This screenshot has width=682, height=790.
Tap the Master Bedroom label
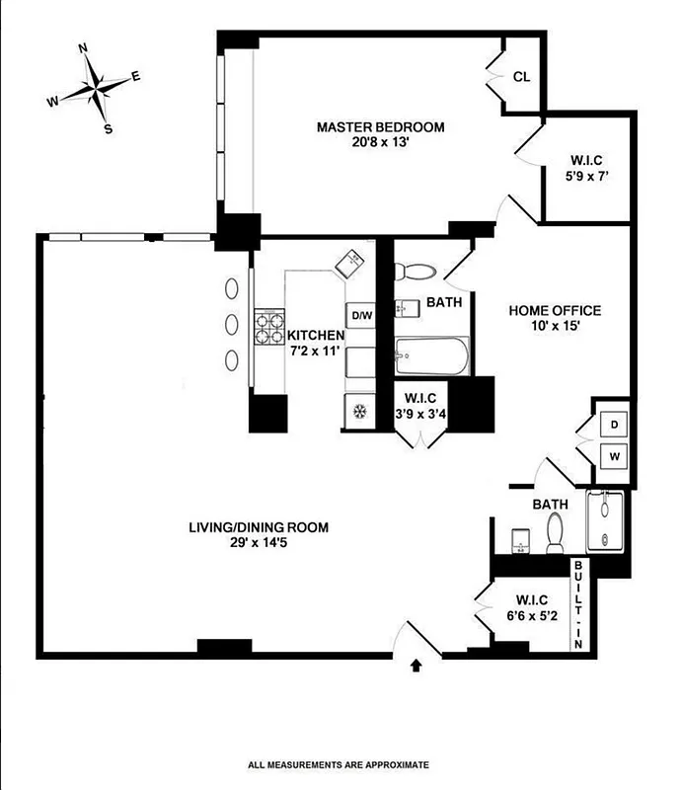(380, 127)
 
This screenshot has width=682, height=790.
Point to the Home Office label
(555, 310)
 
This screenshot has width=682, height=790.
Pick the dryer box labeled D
(613, 424)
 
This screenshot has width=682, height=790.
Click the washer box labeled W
(613, 456)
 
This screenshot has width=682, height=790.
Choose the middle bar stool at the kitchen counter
(232, 324)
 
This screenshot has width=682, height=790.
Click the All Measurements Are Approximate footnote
(339, 763)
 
